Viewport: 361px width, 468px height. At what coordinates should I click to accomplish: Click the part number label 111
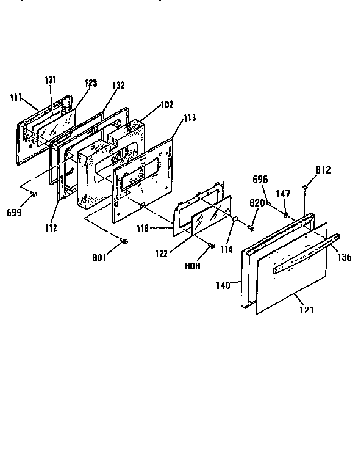pos(16,97)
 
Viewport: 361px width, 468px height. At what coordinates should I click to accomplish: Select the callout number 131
pos(50,79)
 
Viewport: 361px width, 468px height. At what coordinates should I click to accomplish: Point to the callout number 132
pos(119,86)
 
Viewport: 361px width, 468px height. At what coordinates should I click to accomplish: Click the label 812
pos(323,169)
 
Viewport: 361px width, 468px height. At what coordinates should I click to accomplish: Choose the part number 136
pos(345,257)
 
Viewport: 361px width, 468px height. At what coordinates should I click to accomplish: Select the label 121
pos(307,310)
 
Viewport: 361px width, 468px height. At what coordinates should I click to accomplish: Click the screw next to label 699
pos(34,194)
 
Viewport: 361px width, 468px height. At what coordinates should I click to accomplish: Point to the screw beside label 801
pos(125,242)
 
